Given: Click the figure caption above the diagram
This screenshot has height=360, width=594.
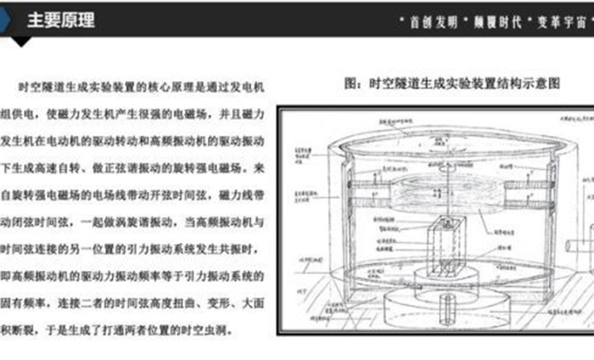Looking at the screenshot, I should pyautogui.click(x=454, y=84).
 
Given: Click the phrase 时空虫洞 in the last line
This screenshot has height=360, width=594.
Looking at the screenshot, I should pyautogui.click(x=209, y=328).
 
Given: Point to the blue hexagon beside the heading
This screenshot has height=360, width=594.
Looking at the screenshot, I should pyautogui.click(x=7, y=20).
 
